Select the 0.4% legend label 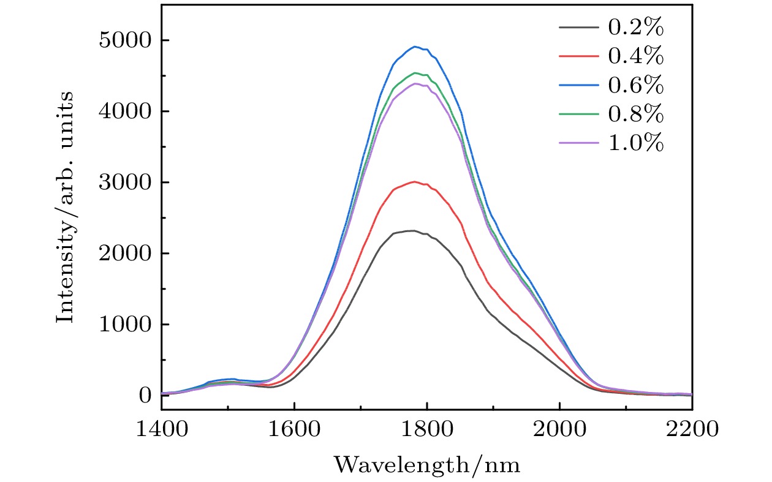coord(635,56)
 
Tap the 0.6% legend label coord(635,85)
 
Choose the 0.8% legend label coord(635,114)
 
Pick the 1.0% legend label coord(635,143)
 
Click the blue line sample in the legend coord(578,86)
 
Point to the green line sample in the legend coord(578,115)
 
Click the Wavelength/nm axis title coord(427,465)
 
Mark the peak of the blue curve coord(415,47)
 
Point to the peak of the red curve coord(415,181)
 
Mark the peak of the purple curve coord(415,83)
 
